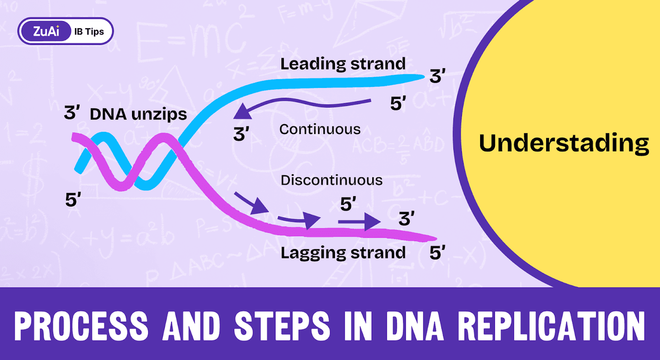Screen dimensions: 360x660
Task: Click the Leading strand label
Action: (x=343, y=64)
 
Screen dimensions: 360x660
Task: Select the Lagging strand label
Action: (x=343, y=253)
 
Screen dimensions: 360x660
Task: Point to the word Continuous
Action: (x=320, y=130)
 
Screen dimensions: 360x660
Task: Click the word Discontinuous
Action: (x=331, y=180)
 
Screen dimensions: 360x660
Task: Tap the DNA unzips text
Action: (x=138, y=115)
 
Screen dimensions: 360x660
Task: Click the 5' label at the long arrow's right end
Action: (x=398, y=104)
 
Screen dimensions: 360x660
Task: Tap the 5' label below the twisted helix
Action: (x=73, y=200)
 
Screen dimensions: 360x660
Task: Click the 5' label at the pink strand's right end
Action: (x=437, y=253)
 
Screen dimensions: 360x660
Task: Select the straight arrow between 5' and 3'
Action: (x=359, y=221)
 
